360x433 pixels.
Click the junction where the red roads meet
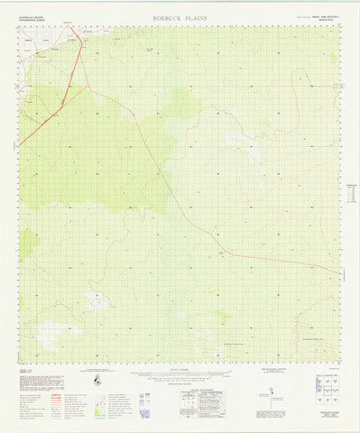[88, 88]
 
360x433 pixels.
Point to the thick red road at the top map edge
[75, 28]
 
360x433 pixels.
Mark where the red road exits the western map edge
[20, 144]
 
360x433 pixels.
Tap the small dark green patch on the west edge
[29, 242]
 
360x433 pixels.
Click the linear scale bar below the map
[180, 372]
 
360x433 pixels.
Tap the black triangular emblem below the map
[97, 382]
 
